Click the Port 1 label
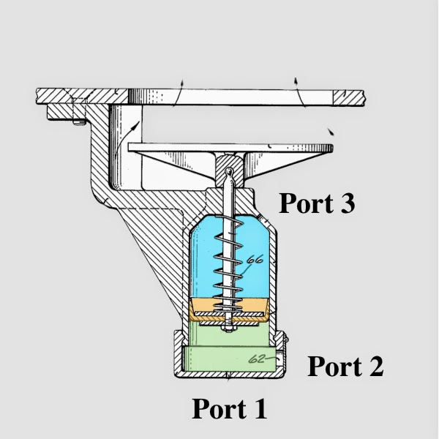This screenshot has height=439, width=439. coord(229,409)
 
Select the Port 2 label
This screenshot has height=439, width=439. coord(345,367)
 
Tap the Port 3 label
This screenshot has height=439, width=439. coord(317,203)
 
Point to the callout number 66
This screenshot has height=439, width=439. coord(255,260)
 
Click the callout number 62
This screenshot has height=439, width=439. coord(257,359)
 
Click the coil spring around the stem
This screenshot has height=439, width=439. coord(228,266)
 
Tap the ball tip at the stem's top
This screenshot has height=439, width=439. coord(229,170)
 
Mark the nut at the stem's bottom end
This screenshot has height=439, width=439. coord(228,329)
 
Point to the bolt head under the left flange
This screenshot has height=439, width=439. coord(79,122)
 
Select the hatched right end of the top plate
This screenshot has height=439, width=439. coord(348,98)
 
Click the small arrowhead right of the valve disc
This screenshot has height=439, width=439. coord(331,132)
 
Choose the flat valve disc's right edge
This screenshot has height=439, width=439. coord(332,148)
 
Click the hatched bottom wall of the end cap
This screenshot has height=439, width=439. coord(229,375)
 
